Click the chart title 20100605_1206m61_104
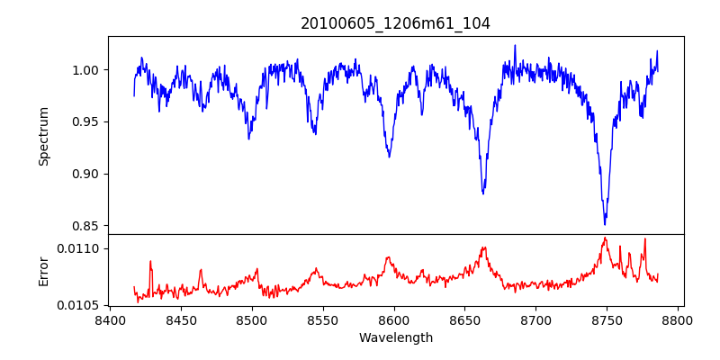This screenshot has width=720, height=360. pos(395,23)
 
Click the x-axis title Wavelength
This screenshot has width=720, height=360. pos(395,338)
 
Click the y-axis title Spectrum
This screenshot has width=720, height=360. pos(43,136)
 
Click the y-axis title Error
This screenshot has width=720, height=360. pos(43,271)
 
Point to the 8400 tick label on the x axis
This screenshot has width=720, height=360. pos(110,319)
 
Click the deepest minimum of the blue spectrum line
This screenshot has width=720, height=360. pos(605,224)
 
